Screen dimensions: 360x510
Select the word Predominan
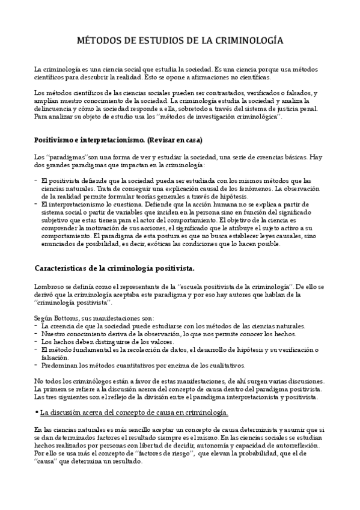(61, 365)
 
